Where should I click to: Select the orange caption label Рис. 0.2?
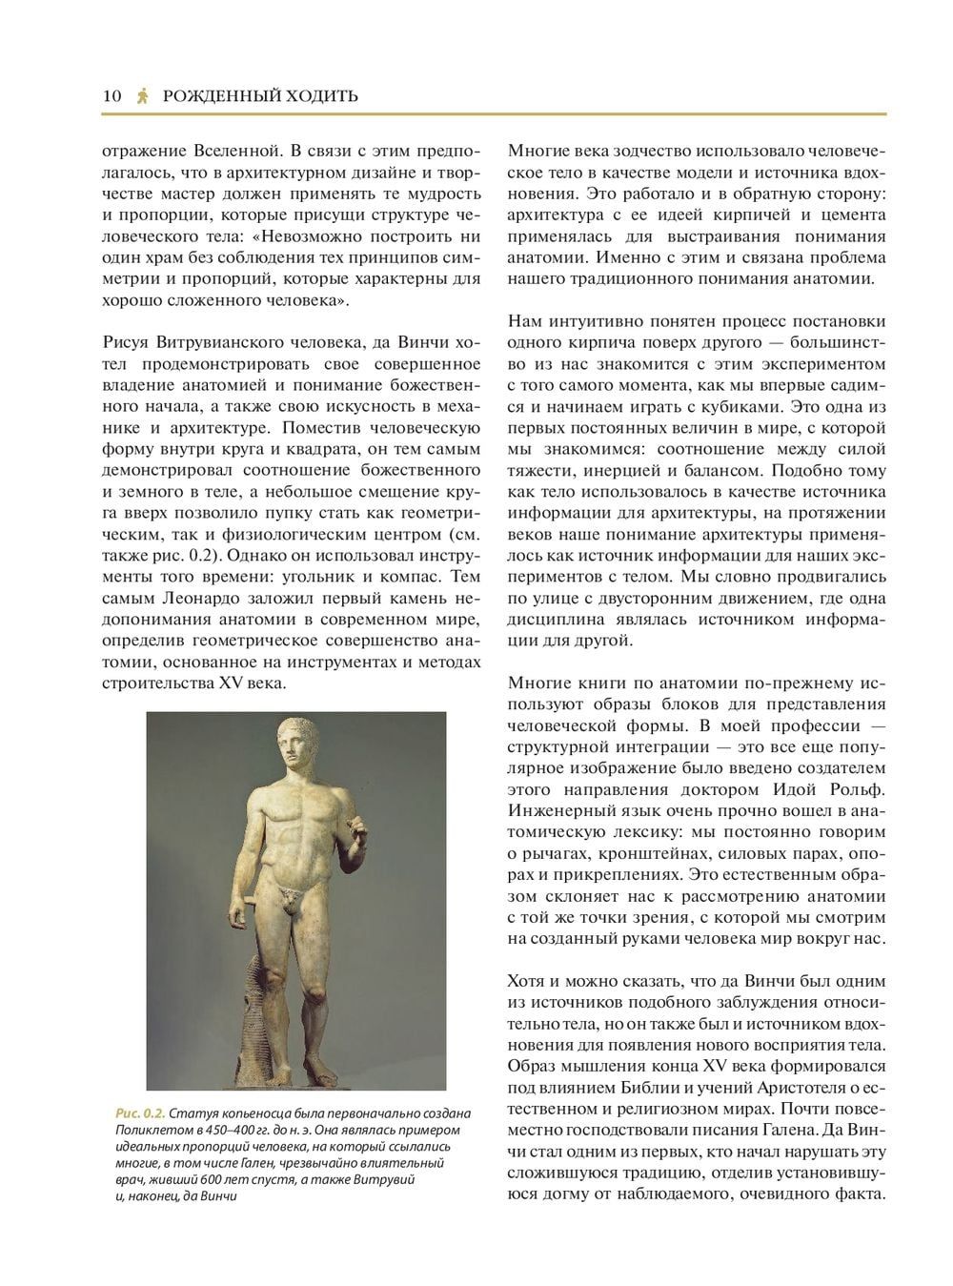(x=139, y=1113)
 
